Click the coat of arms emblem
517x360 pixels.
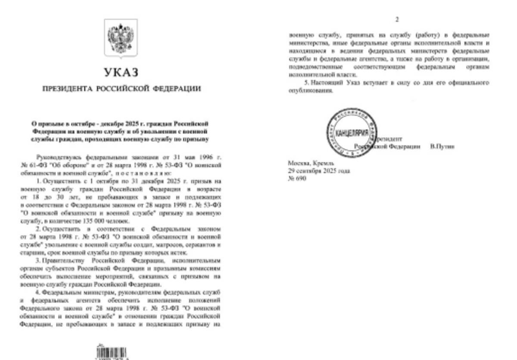[121, 39]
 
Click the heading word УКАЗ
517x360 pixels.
[121, 72]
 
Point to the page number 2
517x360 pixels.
[397, 20]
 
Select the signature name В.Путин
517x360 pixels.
[442, 147]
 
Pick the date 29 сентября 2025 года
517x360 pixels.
[318, 171]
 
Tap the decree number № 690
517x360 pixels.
[297, 178]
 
